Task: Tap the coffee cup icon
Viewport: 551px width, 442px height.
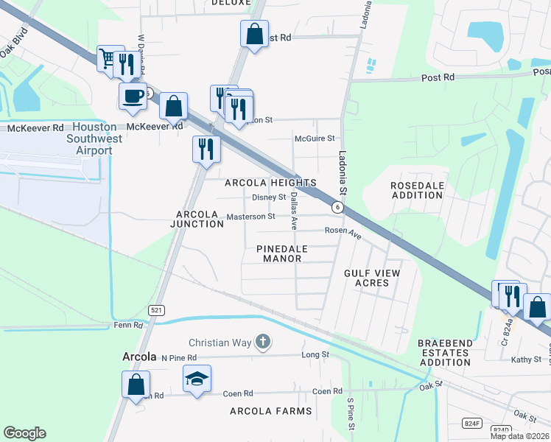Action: [x=133, y=97]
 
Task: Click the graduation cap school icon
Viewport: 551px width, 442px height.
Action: [x=197, y=379]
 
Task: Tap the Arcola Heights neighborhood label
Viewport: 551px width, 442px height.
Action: [x=270, y=183]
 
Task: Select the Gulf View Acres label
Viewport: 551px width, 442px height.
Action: [x=372, y=278]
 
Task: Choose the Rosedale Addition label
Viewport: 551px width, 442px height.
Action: [x=417, y=191]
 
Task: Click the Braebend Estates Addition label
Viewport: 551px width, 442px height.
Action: [x=444, y=353]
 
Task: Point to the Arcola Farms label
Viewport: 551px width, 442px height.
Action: [x=270, y=410]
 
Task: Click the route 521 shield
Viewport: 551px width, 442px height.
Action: [x=155, y=310]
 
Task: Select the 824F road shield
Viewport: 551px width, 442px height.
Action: [x=472, y=423]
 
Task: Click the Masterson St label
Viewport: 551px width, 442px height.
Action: [x=250, y=217]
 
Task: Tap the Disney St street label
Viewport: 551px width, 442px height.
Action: [x=269, y=197]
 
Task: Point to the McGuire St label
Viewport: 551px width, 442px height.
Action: [x=315, y=138]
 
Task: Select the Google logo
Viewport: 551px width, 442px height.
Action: [x=24, y=433]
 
